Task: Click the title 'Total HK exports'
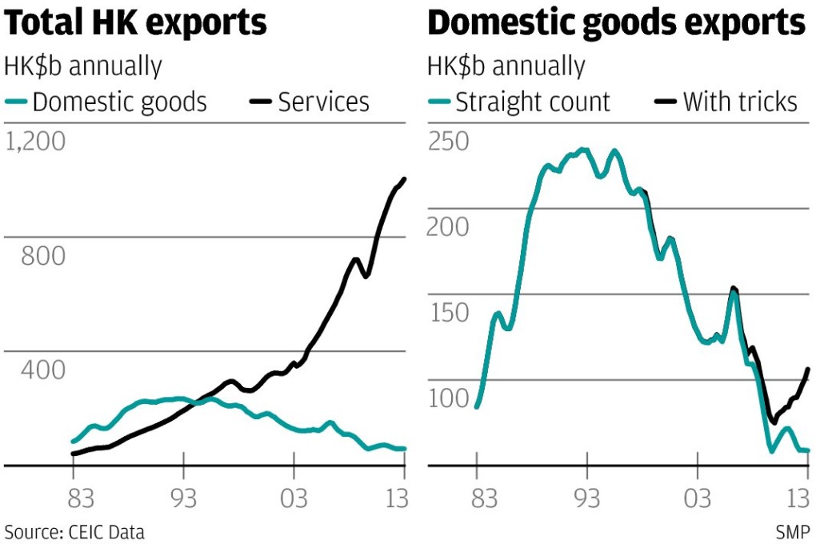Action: (x=136, y=24)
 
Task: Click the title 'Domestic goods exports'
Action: (x=617, y=24)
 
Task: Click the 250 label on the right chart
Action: (x=449, y=142)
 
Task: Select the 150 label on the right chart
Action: (x=449, y=313)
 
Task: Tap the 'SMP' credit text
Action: (x=792, y=532)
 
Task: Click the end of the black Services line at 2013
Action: (x=404, y=179)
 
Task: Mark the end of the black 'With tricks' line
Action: (x=808, y=369)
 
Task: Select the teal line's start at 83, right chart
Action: (x=477, y=406)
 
